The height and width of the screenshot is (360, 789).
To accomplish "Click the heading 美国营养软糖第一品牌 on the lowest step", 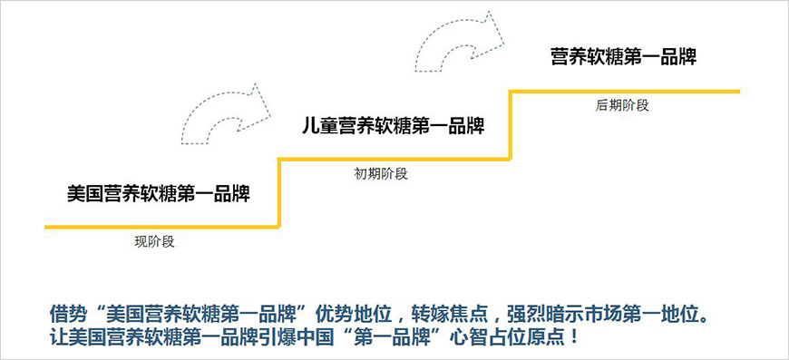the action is click(159, 192).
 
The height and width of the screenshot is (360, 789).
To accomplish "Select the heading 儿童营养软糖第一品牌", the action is click(393, 125).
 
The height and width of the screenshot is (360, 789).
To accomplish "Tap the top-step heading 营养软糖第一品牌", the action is click(623, 56).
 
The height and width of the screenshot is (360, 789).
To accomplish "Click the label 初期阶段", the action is click(381, 174).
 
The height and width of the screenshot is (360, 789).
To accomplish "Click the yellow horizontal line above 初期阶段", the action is click(394, 160).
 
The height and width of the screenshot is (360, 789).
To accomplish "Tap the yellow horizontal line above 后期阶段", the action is click(626, 91).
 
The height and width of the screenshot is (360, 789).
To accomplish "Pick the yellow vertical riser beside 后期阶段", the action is click(511, 125).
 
